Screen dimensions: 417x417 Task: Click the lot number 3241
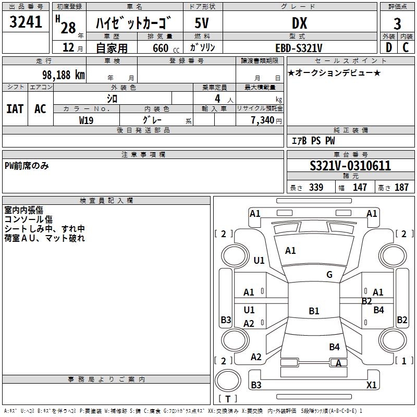(x=26, y=22)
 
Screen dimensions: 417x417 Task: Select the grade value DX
(x=299, y=23)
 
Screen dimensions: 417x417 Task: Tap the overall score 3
(x=397, y=23)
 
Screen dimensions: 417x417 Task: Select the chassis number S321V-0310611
(x=350, y=166)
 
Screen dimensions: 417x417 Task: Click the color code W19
(x=87, y=120)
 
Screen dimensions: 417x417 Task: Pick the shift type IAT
(x=15, y=108)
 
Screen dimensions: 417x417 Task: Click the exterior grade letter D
(x=388, y=47)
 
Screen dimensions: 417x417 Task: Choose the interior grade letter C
(x=406, y=47)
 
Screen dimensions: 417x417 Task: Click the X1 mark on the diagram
(x=371, y=385)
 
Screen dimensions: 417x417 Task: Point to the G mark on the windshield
(x=329, y=275)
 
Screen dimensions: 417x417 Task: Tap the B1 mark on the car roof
(x=314, y=311)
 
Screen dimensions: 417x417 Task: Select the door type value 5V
(x=202, y=23)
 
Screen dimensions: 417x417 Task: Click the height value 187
(x=401, y=188)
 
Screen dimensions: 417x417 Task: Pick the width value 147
(x=360, y=188)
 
